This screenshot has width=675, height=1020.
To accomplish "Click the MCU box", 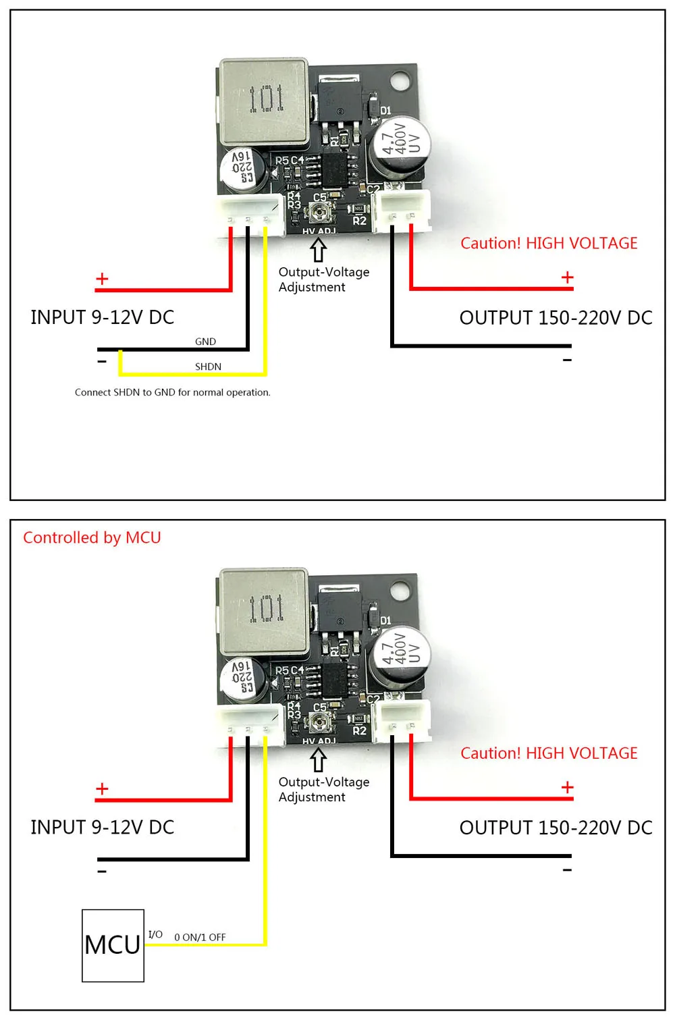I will [113, 945].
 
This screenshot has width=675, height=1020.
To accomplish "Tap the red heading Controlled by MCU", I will [92, 538].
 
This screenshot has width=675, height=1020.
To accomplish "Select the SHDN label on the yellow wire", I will [208, 367].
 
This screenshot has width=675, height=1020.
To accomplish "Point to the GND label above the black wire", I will [205, 342].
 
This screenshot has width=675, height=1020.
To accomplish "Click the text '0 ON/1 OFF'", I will [200, 937].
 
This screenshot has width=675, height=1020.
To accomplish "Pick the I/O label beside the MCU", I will [155, 935].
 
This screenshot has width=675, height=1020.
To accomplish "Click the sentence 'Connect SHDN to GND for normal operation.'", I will [172, 392].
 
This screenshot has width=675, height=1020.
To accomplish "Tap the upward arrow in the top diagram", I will [319, 250].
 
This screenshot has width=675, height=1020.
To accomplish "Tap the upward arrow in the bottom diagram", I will [319, 760].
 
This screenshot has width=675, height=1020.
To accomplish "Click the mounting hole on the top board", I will [400, 81].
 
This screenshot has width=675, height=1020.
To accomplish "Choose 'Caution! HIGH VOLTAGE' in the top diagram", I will [549, 243].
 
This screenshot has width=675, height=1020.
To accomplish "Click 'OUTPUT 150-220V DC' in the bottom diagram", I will [556, 828].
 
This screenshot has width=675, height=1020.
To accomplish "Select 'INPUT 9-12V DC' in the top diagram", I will [102, 317].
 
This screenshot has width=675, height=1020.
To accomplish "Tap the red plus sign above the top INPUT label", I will [102, 279].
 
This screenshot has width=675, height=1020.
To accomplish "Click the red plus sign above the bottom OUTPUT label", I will [567, 787].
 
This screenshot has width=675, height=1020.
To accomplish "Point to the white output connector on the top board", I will [403, 209].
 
